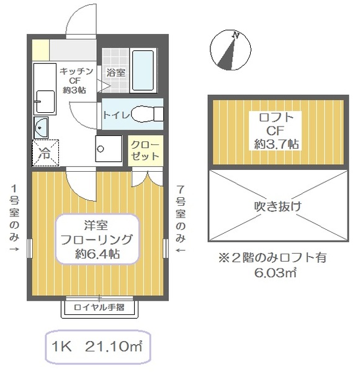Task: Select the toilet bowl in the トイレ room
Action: pos(147,114)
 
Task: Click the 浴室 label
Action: pos(115,73)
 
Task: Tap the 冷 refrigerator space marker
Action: pos(45,153)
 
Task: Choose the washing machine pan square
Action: pos(109,148)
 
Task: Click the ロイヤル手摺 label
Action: pos(99,308)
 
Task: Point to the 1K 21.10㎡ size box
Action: pos(98,347)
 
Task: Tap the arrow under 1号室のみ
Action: pos(14,250)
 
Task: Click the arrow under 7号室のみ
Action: pos(180,250)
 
